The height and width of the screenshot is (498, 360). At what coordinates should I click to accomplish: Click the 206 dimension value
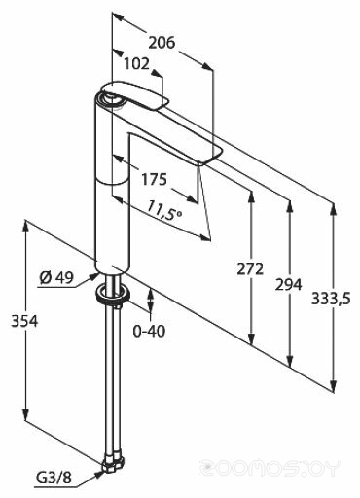162,43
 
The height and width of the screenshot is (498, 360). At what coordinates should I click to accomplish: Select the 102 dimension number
136,64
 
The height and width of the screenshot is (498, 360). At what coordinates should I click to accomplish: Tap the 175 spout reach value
154,179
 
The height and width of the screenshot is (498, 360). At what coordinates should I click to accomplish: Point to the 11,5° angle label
164,210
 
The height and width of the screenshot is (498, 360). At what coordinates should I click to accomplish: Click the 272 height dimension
250,268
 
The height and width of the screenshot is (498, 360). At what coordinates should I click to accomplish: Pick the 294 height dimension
288,284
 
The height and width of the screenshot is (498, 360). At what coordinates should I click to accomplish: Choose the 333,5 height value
331,299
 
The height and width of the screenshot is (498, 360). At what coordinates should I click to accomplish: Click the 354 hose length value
24,321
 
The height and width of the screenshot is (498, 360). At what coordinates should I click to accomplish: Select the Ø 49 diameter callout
56,277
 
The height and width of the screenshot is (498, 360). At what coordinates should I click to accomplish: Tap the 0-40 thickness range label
149,331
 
